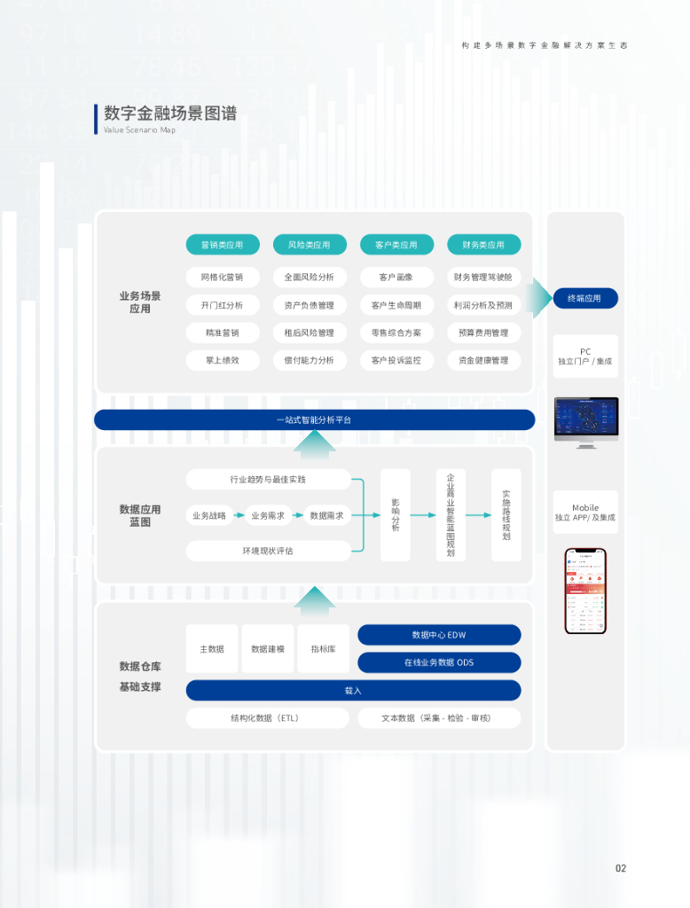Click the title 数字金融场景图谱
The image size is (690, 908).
pos(170,113)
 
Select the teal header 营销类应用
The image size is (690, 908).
pos(222,245)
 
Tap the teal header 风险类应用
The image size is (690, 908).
pos(309,245)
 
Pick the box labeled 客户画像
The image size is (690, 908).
pos(396,278)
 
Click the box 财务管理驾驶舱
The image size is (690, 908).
pos(482,278)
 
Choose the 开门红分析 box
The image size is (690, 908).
pos(222,305)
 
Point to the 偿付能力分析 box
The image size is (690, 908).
pos(309,360)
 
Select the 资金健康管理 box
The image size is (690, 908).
pos(482,360)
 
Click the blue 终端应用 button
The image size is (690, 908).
pos(584,298)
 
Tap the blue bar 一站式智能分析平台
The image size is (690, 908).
pos(314,419)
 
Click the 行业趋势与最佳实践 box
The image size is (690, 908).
pos(268,480)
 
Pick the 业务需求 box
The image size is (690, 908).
pos(267,515)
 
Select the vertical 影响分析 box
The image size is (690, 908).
pos(396,515)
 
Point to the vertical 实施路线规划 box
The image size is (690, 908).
pos(506,515)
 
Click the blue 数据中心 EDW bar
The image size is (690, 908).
pos(439,635)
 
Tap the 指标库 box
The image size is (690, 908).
pos(323,649)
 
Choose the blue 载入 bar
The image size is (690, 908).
pos(353,690)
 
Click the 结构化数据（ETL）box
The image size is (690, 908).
pos(265,717)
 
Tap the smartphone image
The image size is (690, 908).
pos(585,591)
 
